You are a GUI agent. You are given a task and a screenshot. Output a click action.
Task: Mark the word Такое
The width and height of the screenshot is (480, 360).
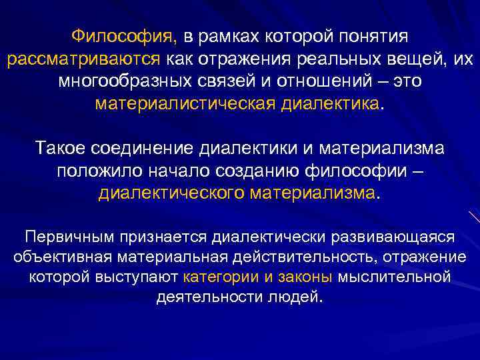coord(64,147)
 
